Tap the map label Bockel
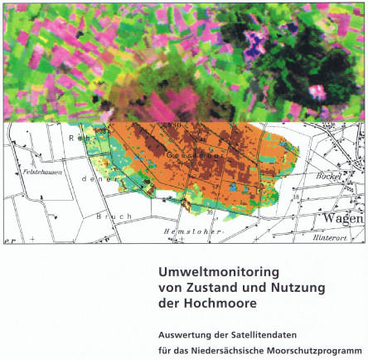(x=331, y=178)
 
